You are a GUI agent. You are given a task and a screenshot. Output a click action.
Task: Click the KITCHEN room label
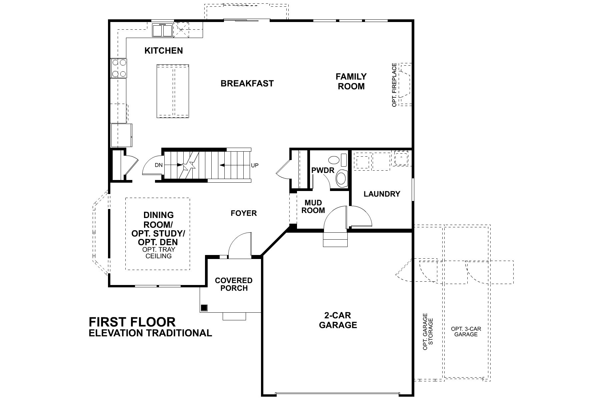tap(163, 51)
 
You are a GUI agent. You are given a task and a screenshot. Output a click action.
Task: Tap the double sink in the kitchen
tap(162, 30)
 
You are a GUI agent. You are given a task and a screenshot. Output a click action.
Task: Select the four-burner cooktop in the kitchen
tap(119, 68)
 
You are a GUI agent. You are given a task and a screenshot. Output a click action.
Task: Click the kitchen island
tap(173, 91)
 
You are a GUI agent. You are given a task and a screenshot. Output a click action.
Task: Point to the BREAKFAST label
tap(247, 83)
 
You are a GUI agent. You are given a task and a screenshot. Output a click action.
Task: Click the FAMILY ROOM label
tap(351, 81)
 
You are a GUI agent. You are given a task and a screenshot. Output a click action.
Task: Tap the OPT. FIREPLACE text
tap(395, 85)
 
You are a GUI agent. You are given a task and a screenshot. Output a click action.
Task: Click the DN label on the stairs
tap(158, 165)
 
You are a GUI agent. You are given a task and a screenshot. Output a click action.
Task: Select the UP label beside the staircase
tap(255, 165)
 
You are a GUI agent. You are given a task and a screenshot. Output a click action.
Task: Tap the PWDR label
tap(322, 170)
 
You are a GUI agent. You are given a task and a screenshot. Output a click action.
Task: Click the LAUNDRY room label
tap(382, 194)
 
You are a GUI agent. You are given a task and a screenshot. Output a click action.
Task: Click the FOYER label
tap(244, 213)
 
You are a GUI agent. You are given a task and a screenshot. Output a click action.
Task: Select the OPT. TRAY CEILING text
tap(158, 253)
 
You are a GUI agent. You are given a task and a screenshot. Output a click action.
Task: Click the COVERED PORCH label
tap(234, 284)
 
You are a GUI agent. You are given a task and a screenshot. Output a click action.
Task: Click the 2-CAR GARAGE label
tap(338, 320)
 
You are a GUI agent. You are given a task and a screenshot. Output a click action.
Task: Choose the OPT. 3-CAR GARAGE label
tap(466, 331)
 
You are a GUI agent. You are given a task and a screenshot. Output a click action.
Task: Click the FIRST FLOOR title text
tap(132, 322)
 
